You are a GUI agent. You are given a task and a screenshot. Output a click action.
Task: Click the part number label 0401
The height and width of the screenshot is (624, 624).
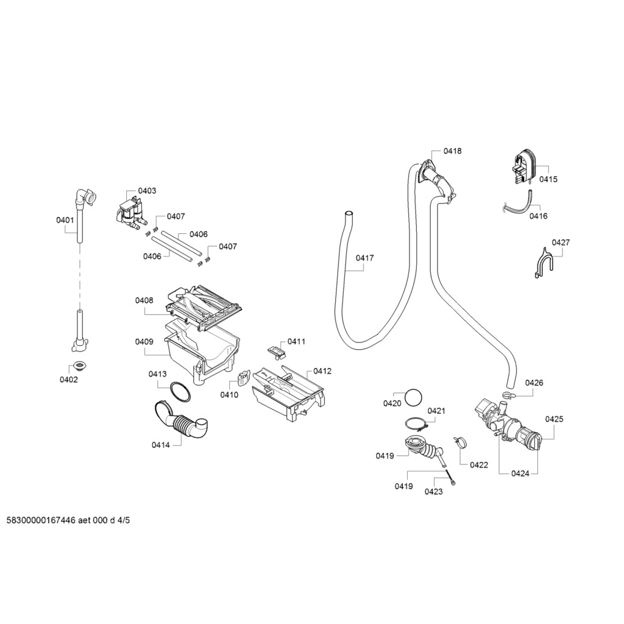tap(65, 220)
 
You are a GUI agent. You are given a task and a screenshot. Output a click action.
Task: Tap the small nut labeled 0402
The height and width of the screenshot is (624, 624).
tap(79, 365)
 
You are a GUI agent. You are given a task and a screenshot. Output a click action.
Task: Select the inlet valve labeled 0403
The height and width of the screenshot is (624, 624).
tap(129, 213)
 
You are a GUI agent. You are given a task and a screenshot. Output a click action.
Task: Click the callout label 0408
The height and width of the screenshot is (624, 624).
tap(144, 300)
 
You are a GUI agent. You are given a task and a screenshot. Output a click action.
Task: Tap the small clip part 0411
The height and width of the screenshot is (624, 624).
tap(275, 350)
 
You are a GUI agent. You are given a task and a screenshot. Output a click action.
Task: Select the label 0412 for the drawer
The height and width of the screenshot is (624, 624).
tap(322, 370)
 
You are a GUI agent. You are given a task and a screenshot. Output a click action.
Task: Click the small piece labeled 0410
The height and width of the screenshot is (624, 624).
tap(243, 379)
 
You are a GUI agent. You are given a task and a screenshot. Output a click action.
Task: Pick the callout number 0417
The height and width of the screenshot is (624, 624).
tap(364, 258)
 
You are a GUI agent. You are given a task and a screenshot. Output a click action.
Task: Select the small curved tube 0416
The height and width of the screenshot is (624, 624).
tap(519, 205)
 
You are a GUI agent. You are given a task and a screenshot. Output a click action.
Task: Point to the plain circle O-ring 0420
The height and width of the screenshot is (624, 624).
tap(413, 397)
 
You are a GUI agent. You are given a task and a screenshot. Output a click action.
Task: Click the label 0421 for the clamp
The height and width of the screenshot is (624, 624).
tap(436, 411)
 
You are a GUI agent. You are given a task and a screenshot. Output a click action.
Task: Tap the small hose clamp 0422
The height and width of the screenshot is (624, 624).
tap(459, 441)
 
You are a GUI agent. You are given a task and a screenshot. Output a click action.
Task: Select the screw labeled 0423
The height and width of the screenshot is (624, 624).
tap(451, 478)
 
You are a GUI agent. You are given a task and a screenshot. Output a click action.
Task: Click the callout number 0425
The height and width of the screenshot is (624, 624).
tap(554, 419)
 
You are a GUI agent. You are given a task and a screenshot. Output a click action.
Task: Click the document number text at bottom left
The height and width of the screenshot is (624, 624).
tap(68, 520)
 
